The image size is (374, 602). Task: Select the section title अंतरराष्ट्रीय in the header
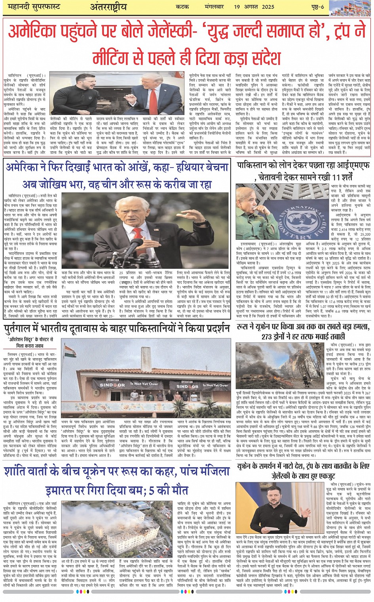click(x=108, y=7)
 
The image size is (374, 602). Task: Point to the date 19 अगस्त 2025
click(x=254, y=7)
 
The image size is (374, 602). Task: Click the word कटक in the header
click(x=182, y=7)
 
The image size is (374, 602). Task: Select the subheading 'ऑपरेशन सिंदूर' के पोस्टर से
click(x=30, y=340)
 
